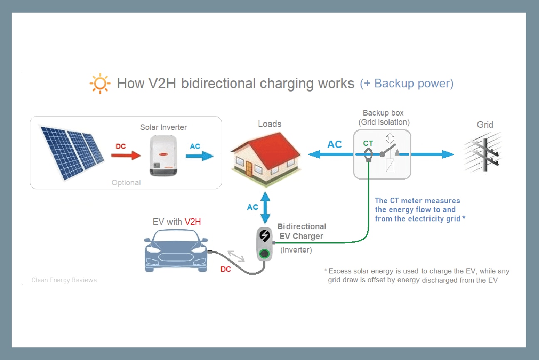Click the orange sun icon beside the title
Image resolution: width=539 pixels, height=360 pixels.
pyautogui.click(x=100, y=83)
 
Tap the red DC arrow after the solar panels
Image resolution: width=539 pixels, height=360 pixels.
pyautogui.click(x=126, y=155)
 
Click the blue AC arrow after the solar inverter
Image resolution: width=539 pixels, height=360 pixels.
pyautogui.click(x=200, y=156)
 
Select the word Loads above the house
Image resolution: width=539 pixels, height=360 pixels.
pyautogui.click(x=269, y=124)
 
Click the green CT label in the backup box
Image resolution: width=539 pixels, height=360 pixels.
pyautogui.click(x=368, y=143)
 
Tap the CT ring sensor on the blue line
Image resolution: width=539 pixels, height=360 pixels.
pyautogui.click(x=368, y=156)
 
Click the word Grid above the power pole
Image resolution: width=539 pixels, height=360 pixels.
pyautogui.click(x=485, y=124)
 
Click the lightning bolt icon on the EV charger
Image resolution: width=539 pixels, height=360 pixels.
pyautogui.click(x=264, y=236)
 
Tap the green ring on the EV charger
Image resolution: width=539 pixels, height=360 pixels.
pyautogui.click(x=264, y=253)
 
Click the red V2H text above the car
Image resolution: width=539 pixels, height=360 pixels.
pyautogui.click(x=193, y=222)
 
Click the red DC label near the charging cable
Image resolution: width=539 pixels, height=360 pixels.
pyautogui.click(x=225, y=269)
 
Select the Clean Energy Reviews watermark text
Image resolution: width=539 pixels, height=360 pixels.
pyautogui.click(x=64, y=280)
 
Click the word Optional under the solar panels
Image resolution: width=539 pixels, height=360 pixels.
pyautogui.click(x=126, y=183)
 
